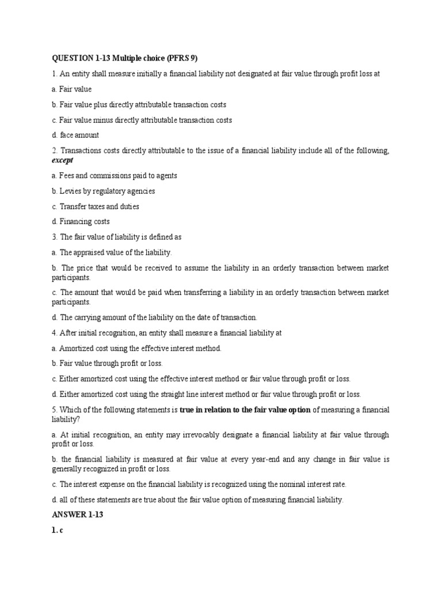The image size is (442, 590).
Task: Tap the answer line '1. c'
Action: tap(57, 531)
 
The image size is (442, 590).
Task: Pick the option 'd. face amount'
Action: tap(75, 135)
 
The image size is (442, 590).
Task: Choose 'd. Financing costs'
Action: tap(81, 221)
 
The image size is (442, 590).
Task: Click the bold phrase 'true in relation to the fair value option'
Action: tap(245, 410)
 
